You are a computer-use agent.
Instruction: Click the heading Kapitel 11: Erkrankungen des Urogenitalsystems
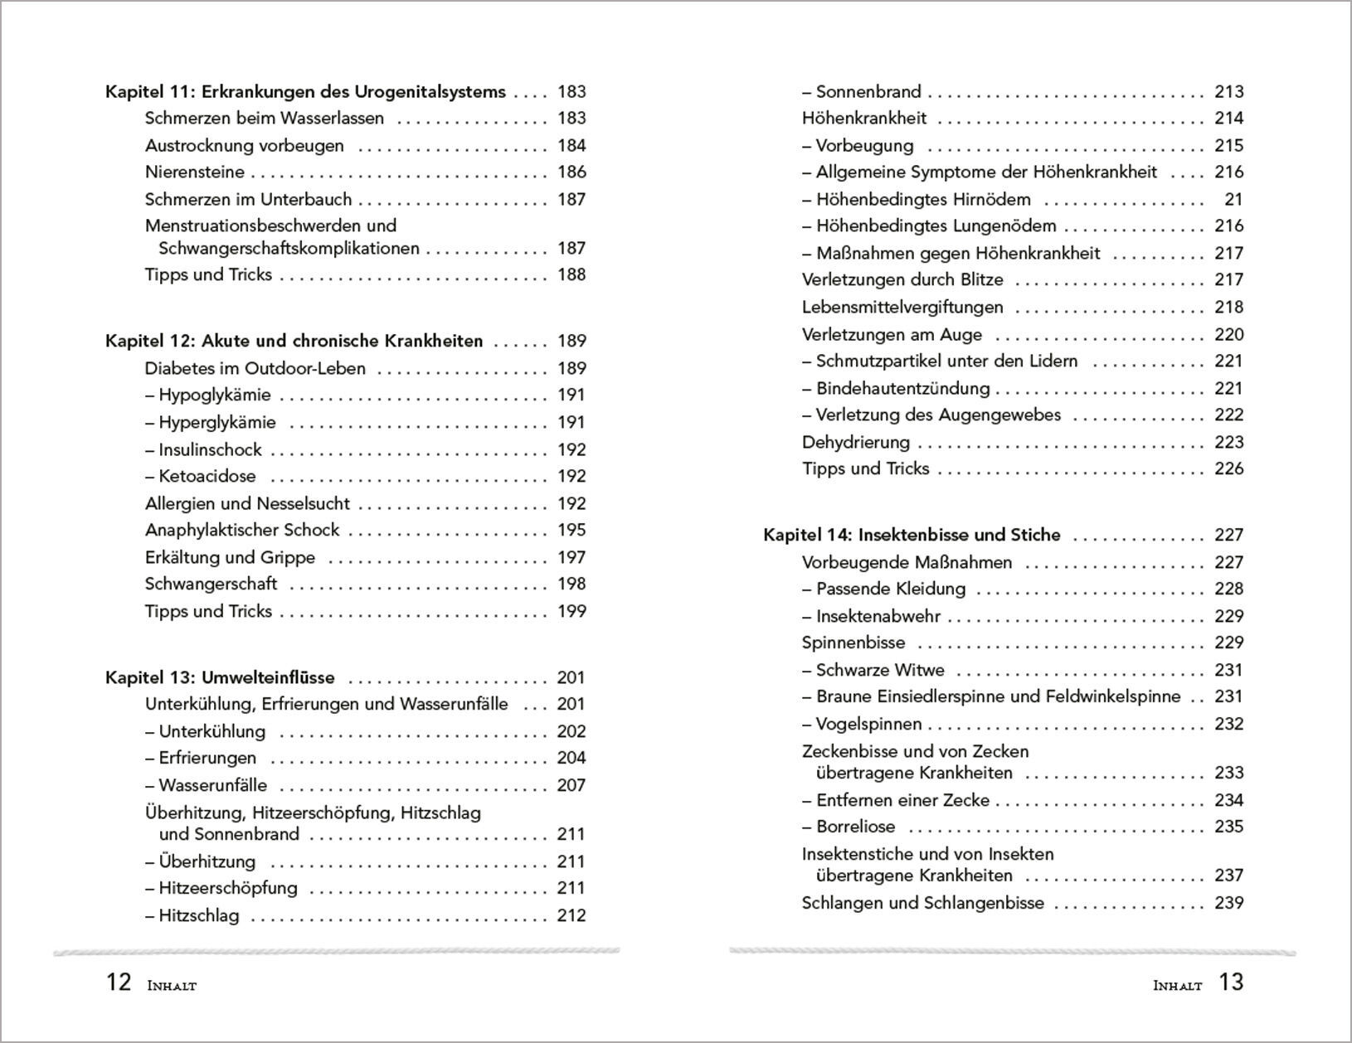[305, 92]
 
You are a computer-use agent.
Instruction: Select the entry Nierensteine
[195, 172]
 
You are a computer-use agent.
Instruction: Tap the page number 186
[571, 172]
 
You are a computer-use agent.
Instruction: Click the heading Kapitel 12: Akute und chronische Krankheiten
[294, 341]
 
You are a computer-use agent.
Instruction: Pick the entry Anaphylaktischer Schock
[242, 530]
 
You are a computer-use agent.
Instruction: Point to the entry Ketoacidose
[207, 476]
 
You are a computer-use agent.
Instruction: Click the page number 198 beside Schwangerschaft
[571, 584]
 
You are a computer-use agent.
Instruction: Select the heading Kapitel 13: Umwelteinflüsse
[220, 677]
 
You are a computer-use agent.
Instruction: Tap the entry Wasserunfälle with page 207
[212, 785]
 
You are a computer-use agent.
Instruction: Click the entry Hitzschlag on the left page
[198, 915]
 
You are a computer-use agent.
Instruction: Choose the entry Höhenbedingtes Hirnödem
[922, 200]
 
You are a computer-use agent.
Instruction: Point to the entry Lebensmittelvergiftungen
[902, 308]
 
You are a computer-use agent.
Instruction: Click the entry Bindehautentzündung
[902, 388]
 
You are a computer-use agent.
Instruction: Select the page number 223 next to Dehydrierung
[1228, 442]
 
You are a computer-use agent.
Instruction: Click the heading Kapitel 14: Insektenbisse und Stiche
[912, 535]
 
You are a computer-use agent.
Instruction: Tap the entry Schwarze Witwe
[879, 670]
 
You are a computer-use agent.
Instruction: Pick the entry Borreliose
[855, 827]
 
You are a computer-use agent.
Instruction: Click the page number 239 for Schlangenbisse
[1228, 903]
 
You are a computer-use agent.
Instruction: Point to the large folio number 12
[119, 982]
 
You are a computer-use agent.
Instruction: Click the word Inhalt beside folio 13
[1177, 986]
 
